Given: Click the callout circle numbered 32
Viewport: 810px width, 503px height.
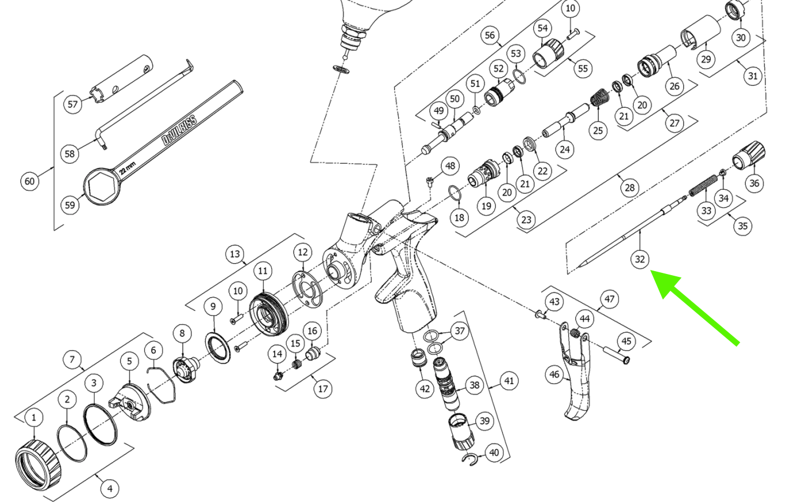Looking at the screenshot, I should (x=639, y=259).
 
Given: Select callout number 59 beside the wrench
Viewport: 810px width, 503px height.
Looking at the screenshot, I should (x=70, y=205).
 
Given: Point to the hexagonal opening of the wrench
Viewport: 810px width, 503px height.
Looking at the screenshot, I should (x=102, y=186).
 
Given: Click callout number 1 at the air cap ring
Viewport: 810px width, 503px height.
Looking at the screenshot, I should (x=33, y=418).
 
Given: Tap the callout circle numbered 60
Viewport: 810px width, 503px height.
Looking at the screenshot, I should (x=29, y=181).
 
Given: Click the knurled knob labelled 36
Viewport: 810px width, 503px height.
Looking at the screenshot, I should (x=748, y=154).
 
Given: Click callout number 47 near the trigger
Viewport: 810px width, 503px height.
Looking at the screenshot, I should (x=609, y=299).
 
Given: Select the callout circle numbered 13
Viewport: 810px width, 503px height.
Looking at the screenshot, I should (x=234, y=254).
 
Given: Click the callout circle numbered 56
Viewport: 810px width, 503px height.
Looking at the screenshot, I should (x=489, y=35).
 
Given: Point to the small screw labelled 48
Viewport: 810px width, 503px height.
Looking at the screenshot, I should (x=429, y=181).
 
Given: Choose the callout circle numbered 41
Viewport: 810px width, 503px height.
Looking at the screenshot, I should (x=508, y=381).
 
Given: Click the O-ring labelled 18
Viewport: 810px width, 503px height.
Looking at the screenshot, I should (x=455, y=194).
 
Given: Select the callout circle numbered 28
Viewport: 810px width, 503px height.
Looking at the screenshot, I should (x=629, y=187).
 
